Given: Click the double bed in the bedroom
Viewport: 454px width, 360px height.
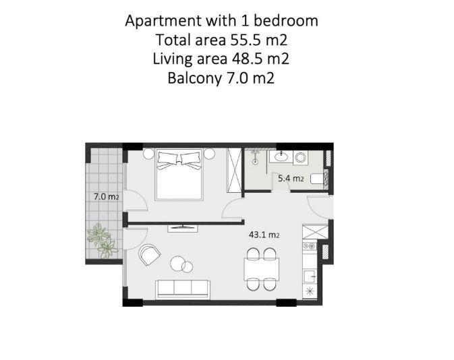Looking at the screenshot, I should (x=179, y=175).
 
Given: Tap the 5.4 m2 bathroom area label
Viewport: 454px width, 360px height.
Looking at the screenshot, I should (x=291, y=179).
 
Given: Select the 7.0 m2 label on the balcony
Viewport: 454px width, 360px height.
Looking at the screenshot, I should (x=106, y=197).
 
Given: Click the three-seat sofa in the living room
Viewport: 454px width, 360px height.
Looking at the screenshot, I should (x=182, y=289).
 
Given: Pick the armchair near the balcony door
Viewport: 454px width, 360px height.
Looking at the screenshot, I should (x=150, y=255).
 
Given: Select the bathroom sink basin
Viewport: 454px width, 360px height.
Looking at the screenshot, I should (x=281, y=158).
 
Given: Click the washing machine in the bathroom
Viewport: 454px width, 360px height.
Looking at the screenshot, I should (x=300, y=158).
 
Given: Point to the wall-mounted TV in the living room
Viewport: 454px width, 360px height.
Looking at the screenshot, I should (x=183, y=227).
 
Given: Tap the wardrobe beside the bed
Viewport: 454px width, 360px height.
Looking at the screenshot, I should (x=234, y=170).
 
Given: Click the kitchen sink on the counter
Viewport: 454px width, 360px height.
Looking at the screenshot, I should (x=310, y=275).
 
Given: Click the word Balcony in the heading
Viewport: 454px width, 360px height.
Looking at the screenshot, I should (x=192, y=78).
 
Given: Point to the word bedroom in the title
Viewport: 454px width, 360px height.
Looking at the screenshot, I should (x=288, y=20).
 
